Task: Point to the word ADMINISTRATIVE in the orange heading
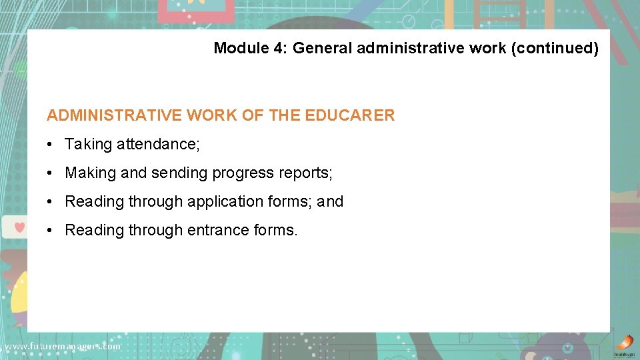click(x=114, y=115)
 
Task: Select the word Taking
click(x=89, y=145)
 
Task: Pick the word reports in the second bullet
click(x=305, y=173)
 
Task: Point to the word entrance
click(x=218, y=231)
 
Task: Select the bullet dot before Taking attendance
click(x=51, y=145)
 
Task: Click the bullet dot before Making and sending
click(x=51, y=173)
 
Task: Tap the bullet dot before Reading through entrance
click(x=51, y=231)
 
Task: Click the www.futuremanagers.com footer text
click(x=63, y=347)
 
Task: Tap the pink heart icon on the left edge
click(x=19, y=227)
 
